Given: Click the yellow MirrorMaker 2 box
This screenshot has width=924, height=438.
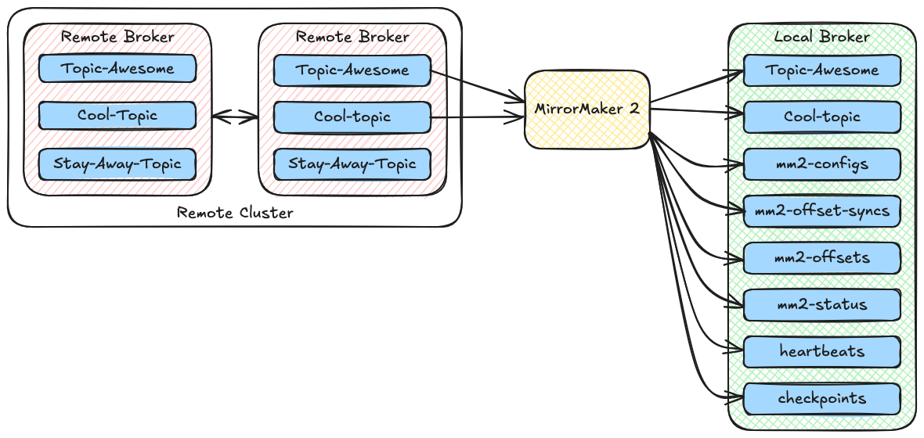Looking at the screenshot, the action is pyautogui.click(x=587, y=109).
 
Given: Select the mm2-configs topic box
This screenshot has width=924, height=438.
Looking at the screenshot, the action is pyautogui.click(x=821, y=164).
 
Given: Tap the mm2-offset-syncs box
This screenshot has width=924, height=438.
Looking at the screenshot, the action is pyautogui.click(x=821, y=211).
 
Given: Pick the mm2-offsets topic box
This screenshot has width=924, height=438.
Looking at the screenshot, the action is pyautogui.click(x=821, y=258).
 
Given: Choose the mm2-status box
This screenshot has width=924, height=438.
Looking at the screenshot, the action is pyautogui.click(x=821, y=304).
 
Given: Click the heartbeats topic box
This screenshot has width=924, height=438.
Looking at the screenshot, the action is pyautogui.click(x=821, y=351).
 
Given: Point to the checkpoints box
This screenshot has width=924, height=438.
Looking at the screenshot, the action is pyautogui.click(x=821, y=398).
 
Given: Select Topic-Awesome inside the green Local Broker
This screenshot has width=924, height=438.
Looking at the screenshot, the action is pyautogui.click(x=821, y=70).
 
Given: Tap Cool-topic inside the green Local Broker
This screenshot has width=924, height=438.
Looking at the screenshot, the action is pyautogui.click(x=821, y=117).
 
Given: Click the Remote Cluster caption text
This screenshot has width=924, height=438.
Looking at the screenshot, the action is pyautogui.click(x=235, y=213).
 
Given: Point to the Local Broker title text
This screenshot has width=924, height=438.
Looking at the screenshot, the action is pyautogui.click(x=821, y=38).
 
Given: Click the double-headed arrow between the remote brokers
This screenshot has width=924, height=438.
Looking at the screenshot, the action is pyautogui.click(x=235, y=117).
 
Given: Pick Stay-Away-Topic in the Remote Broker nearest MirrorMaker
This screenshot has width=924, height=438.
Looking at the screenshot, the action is pyautogui.click(x=352, y=164).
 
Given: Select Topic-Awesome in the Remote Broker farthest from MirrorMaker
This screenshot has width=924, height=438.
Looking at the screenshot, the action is pyautogui.click(x=117, y=69).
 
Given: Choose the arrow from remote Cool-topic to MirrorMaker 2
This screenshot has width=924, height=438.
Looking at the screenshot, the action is pyautogui.click(x=478, y=118).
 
